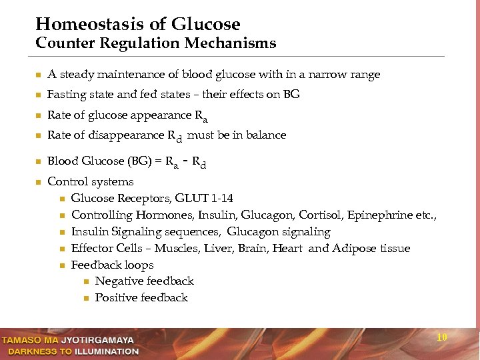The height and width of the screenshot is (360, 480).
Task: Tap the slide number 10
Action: click(x=441, y=337)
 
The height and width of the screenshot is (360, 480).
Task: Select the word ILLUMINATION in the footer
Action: click(x=107, y=351)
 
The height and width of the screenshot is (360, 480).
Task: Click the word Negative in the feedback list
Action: click(x=119, y=281)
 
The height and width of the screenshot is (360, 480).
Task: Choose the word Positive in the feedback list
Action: click(x=116, y=298)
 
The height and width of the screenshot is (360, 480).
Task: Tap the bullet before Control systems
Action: click(x=39, y=182)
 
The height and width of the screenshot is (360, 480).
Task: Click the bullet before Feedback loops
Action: click(x=62, y=265)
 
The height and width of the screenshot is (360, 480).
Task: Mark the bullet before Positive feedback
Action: click(x=86, y=298)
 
